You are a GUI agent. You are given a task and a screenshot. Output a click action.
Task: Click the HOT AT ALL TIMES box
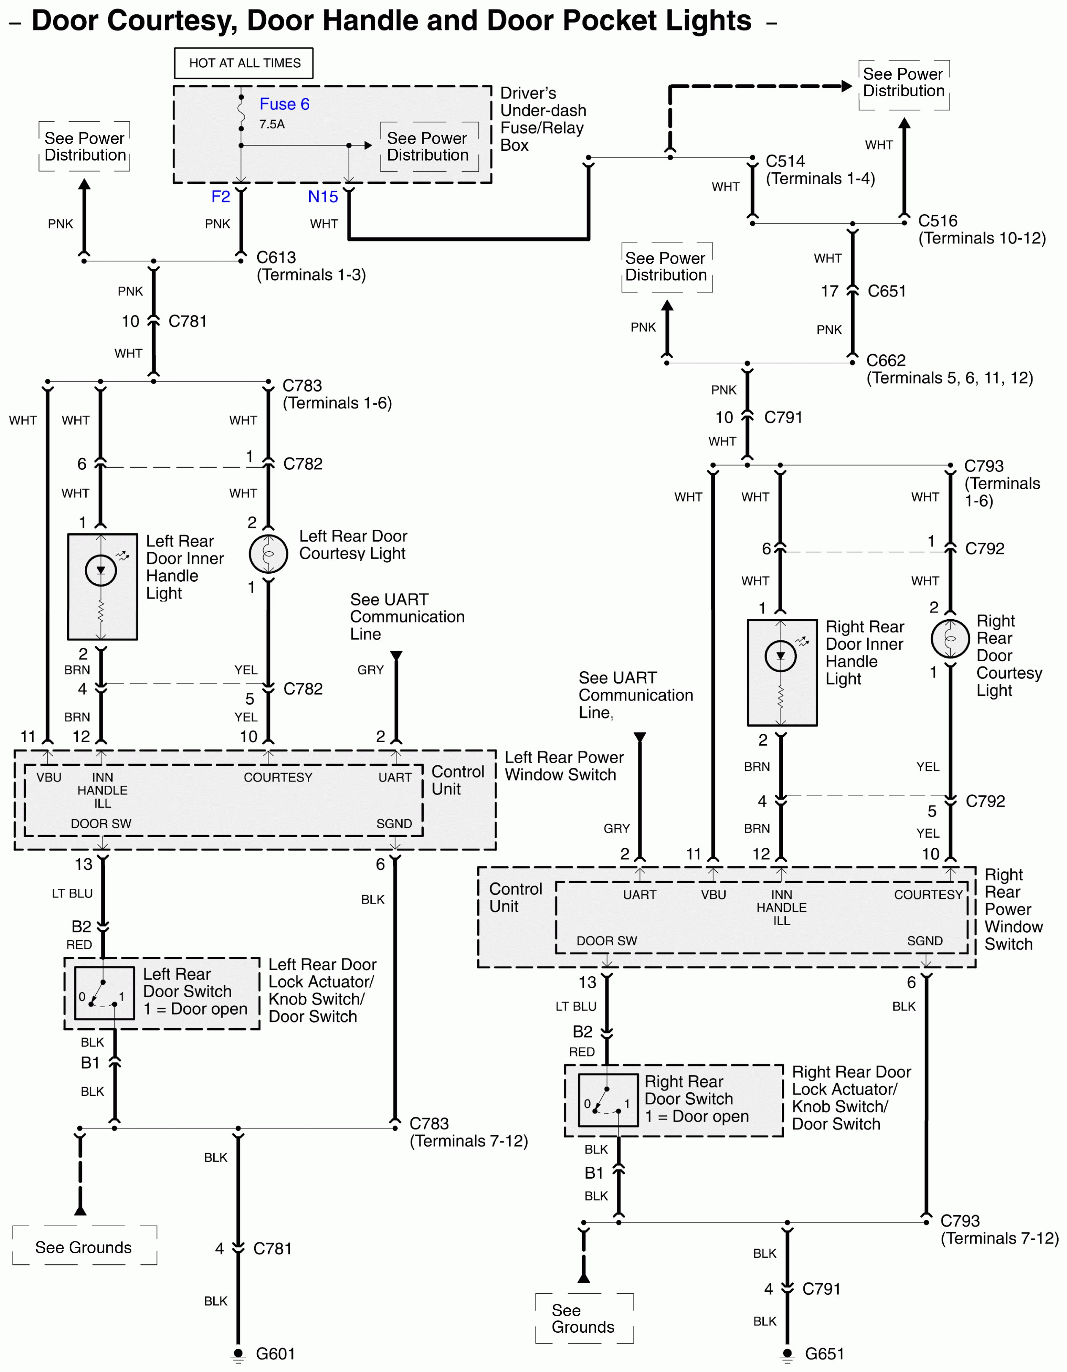244,63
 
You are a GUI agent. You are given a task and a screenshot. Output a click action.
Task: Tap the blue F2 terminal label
220,196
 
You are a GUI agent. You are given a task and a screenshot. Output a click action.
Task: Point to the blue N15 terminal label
323,196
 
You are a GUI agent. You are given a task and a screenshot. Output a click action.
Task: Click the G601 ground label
275,1354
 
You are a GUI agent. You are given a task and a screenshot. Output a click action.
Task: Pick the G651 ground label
824,1354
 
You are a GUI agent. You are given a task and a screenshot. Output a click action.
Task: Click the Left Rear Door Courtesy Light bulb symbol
268,553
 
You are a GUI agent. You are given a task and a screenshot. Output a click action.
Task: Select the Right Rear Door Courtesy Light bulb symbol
950,638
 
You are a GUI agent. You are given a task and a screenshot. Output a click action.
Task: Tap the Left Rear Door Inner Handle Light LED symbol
101,570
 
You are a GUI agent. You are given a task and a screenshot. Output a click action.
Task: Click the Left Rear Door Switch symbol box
104,993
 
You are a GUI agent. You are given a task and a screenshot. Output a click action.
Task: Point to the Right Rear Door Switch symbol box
608,1100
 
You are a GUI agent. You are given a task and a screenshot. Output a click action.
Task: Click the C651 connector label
886,291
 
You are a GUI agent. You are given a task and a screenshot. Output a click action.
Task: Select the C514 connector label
785,161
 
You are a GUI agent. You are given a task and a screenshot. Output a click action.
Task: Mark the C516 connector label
938,221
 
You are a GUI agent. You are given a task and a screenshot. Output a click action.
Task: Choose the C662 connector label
885,361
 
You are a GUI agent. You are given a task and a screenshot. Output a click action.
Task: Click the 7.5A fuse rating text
272,124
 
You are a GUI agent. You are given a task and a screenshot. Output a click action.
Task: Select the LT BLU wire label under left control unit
72,893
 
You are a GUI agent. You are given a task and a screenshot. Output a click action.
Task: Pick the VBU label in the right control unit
713,895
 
